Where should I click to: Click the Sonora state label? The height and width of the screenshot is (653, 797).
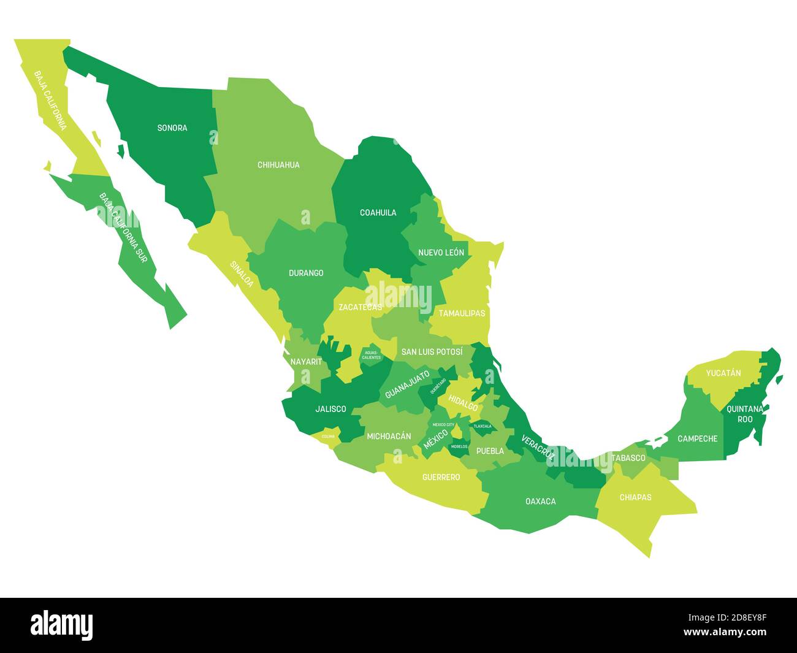coord(172,128)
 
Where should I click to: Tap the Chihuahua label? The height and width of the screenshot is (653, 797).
coord(278,165)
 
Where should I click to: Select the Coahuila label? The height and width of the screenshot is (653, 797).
coord(378,213)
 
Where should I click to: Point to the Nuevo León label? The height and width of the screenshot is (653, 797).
coord(441,253)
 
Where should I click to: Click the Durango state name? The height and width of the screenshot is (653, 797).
coord(306,273)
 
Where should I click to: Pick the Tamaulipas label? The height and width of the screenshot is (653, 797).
coord(462,313)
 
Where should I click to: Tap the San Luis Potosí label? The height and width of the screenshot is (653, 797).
coord(432,352)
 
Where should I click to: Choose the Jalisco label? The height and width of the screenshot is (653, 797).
coord(330,409)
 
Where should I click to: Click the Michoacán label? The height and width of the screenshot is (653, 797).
coord(389,437)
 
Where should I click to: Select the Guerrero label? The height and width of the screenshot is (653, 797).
coord(441,477)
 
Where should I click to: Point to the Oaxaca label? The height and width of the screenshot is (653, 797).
coord(541,502)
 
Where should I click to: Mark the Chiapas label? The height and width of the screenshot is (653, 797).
coord(635,497)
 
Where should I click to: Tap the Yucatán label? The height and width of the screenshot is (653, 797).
coord(723,373)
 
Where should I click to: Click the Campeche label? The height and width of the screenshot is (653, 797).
coord(697,439)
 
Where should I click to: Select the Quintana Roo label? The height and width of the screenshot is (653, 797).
coord(745,414)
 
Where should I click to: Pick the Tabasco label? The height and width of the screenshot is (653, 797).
coord(628,458)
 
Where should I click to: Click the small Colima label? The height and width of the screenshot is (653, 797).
coord(329,437)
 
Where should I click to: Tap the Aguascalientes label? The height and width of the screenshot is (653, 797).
coord(372,355)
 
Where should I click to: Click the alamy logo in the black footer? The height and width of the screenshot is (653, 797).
coord(62,625)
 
